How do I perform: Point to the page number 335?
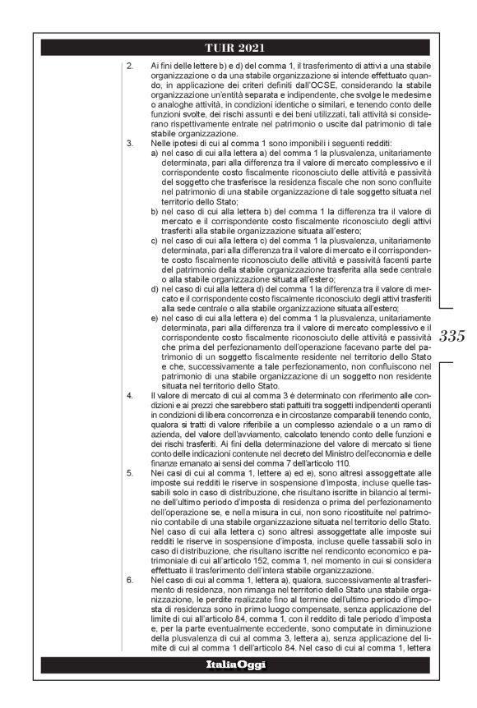pyautogui.click(x=452, y=336)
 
